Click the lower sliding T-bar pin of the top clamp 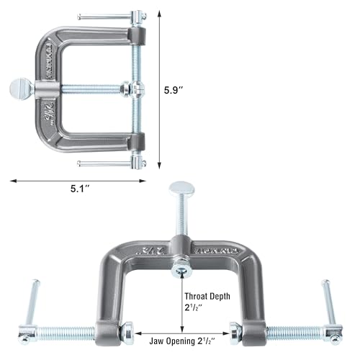click(111, 163)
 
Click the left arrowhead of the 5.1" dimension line click(13, 180)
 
